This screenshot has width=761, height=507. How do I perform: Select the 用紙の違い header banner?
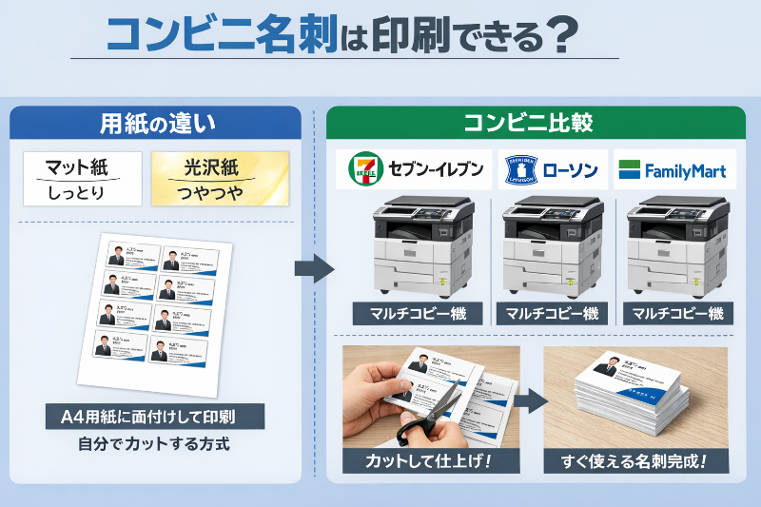(x=158, y=123)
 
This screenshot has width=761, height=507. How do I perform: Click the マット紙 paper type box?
(x=82, y=179)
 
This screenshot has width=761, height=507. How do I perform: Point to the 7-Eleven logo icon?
(x=363, y=170)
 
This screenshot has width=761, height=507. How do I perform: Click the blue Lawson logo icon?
(x=519, y=170)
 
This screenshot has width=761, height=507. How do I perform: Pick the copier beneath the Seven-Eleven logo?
(x=421, y=246)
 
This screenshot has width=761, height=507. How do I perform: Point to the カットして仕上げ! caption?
(x=430, y=461)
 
